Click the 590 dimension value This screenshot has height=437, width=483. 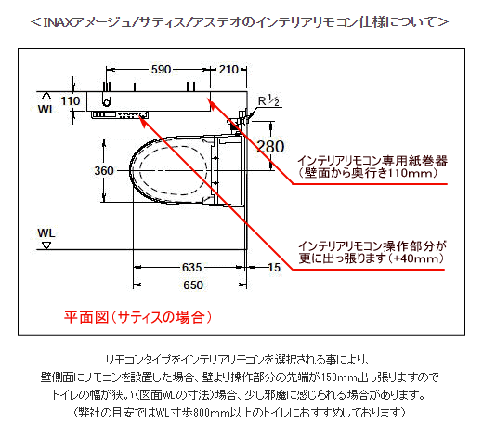pyautogui.click(x=161, y=69)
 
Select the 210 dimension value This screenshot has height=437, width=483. pyautogui.click(x=228, y=69)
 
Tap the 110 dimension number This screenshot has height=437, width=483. pyautogui.click(x=71, y=101)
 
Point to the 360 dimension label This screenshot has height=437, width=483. pyautogui.click(x=104, y=170)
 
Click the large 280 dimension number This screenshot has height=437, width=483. pyautogui.click(x=270, y=147)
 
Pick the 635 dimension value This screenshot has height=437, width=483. pyautogui.click(x=192, y=267)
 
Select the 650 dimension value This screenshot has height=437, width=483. pyautogui.click(x=193, y=285)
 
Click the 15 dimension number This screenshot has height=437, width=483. pyautogui.click(x=274, y=267)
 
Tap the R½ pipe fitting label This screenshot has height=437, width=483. pyautogui.click(x=268, y=100)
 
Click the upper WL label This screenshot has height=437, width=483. pyautogui.click(x=46, y=110)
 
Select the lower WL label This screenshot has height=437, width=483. pyautogui.click(x=46, y=233)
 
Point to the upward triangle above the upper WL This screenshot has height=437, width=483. pyautogui.click(x=46, y=96)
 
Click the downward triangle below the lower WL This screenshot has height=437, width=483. pyautogui.click(x=46, y=246)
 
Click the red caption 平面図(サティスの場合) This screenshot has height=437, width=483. pyautogui.click(x=138, y=317)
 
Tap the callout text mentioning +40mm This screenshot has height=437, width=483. pyautogui.click(x=372, y=252)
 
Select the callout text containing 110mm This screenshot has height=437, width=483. pyautogui.click(x=372, y=166)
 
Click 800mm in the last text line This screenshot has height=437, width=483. pyautogui.click(x=211, y=413)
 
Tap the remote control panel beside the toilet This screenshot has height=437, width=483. pyautogui.click(x=120, y=114)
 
